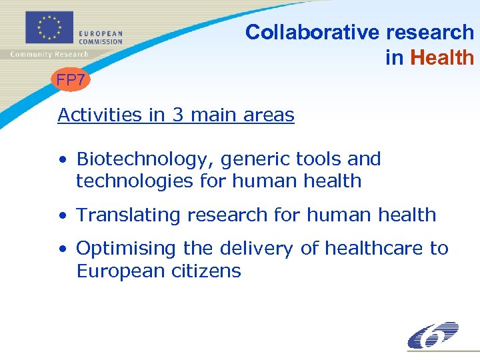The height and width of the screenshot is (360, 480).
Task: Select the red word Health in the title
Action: (x=442, y=58)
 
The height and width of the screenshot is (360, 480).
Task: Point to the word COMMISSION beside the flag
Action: (x=101, y=41)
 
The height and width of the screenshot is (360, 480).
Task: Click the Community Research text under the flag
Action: (x=49, y=55)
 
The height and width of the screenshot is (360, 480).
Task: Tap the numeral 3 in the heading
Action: (x=177, y=115)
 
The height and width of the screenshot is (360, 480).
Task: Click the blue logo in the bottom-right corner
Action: (x=433, y=335)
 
